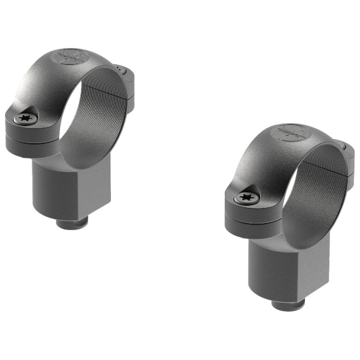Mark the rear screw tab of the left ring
125,74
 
